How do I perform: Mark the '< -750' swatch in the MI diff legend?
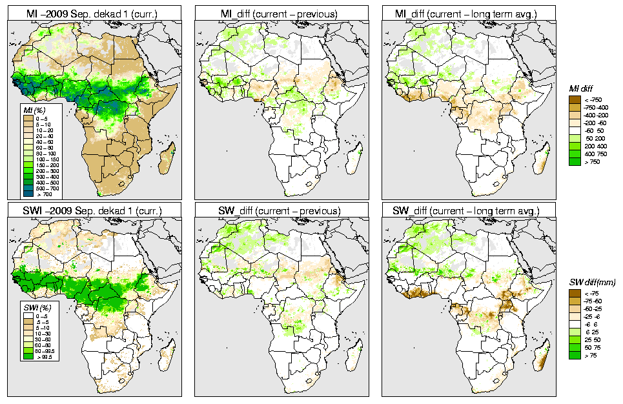tap(575, 99)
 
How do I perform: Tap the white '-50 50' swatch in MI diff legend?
tap(575, 131)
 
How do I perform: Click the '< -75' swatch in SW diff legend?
tap(575, 293)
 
